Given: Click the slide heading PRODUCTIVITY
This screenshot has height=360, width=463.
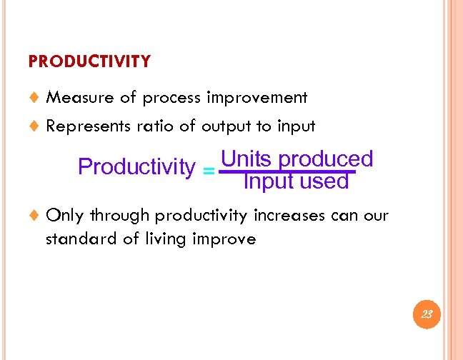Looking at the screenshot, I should coord(89,61).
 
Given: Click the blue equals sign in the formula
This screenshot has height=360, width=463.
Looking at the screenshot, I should coord(208,171).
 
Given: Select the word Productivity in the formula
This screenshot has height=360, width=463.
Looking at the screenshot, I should coord(136,167).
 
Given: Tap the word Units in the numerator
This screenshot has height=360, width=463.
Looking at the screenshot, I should coord(247,159).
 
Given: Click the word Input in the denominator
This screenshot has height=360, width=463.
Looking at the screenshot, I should coord(269,182).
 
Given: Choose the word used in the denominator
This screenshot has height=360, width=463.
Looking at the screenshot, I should coord(324,182).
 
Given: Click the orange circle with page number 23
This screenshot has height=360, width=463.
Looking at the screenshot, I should coord(427,314).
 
